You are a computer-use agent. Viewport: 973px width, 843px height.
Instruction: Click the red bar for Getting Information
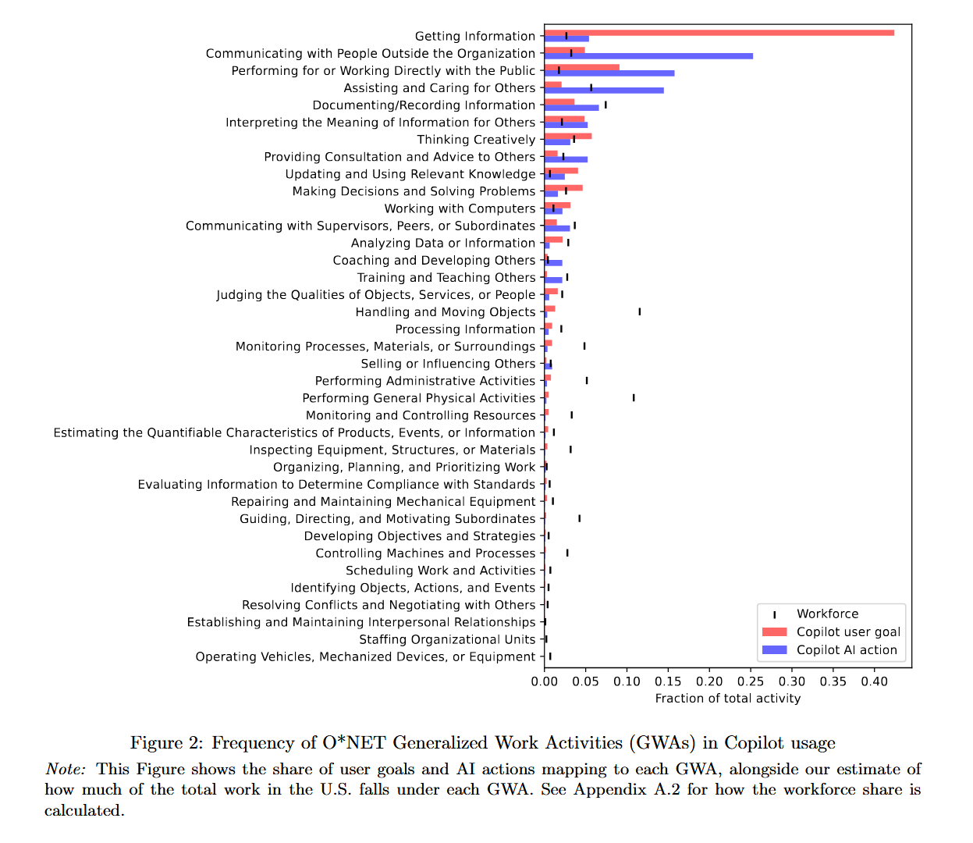pos(718,33)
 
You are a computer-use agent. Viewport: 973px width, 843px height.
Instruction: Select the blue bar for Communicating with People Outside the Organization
pos(648,56)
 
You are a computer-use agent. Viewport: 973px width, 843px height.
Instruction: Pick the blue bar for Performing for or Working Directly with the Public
pos(609,73)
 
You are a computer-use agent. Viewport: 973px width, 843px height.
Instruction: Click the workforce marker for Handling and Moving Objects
pos(639,311)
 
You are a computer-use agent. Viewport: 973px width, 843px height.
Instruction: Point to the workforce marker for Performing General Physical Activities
pos(634,398)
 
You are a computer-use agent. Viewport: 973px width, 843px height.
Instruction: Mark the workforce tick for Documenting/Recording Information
pos(605,105)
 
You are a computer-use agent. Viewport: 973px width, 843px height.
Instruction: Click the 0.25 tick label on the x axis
pos(751,681)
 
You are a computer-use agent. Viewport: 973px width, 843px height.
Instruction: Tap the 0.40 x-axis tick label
pos(874,681)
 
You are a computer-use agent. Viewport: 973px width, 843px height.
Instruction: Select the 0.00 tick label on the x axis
pos(545,681)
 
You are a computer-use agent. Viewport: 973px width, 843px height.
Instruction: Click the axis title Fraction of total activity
pos(727,699)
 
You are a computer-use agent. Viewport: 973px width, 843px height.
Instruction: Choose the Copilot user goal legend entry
pos(848,632)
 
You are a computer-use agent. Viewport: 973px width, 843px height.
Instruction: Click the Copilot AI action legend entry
pos(847,650)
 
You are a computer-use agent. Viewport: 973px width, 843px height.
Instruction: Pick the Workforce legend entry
pos(827,614)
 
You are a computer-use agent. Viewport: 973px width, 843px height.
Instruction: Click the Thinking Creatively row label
pos(476,140)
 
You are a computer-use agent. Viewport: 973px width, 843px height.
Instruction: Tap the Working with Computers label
pos(460,208)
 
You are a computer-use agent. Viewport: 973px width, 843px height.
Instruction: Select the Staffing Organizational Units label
pos(447,639)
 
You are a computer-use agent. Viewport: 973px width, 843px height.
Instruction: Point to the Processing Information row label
pos(465,329)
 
